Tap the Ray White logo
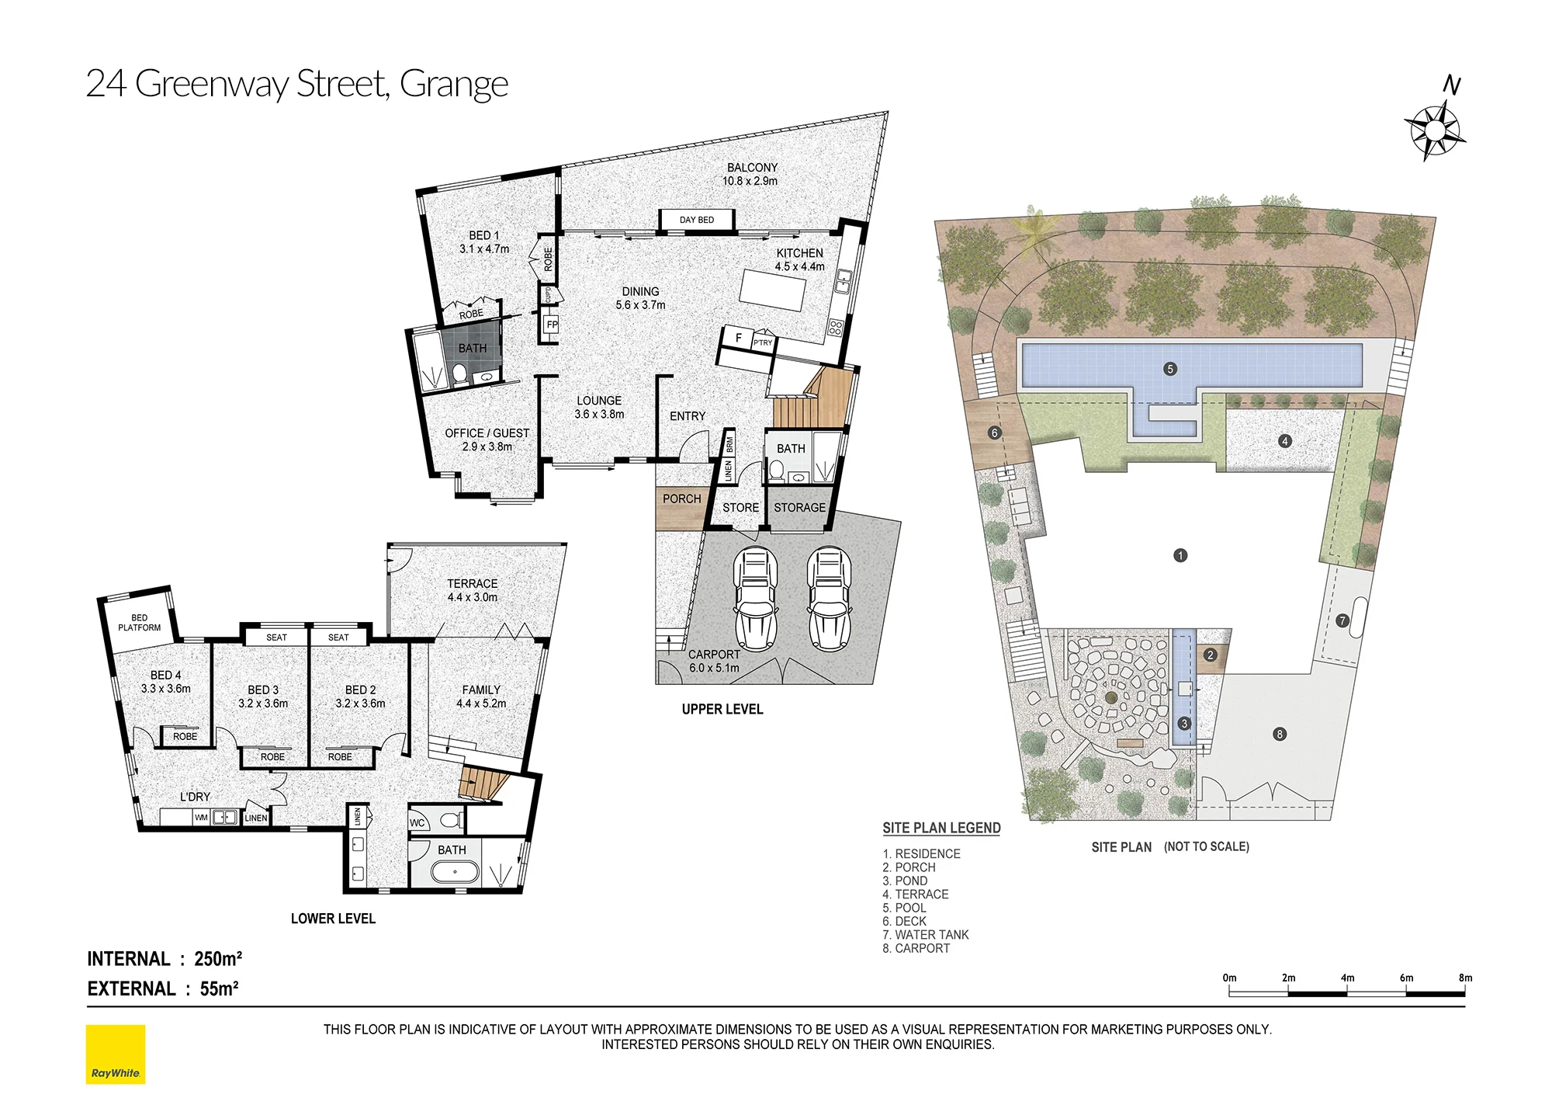point(116,1055)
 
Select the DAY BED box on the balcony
point(697,220)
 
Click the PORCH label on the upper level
point(681,499)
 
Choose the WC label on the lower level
point(417,823)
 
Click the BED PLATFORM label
point(140,623)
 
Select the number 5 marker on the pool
point(1170,369)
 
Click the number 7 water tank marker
point(1342,620)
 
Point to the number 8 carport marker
point(1280,734)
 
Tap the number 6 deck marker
point(995,433)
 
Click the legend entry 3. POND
point(905,881)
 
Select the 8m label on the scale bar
point(1465,978)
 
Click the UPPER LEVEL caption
point(722,709)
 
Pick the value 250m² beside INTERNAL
point(218,959)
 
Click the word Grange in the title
point(454,84)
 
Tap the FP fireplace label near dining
point(552,325)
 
